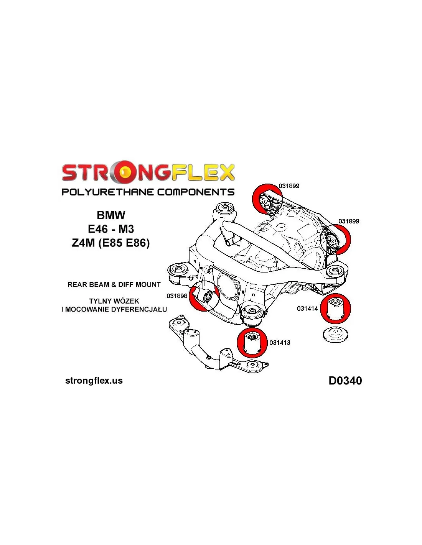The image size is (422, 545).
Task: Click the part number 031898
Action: pyautogui.click(x=177, y=296)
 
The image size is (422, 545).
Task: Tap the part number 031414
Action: pyautogui.click(x=307, y=309)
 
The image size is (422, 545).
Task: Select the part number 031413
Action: pyautogui.click(x=280, y=343)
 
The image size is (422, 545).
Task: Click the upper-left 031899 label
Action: pyautogui.click(x=289, y=186)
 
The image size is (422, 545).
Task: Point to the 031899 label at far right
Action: pyautogui.click(x=349, y=221)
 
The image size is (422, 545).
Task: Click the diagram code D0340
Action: pyautogui.click(x=345, y=381)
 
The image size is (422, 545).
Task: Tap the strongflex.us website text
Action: pyautogui.click(x=94, y=381)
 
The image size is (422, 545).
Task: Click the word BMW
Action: pyautogui.click(x=111, y=215)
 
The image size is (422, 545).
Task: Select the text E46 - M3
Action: pyautogui.click(x=111, y=229)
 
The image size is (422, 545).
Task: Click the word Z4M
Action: pyautogui.click(x=83, y=243)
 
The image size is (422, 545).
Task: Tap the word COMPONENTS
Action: pyautogui.click(x=196, y=192)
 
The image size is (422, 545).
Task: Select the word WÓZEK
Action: pyautogui.click(x=126, y=301)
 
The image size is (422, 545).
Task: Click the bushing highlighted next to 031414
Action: pyautogui.click(x=336, y=308)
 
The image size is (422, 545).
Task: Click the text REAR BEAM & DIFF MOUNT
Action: pyautogui.click(x=114, y=285)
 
